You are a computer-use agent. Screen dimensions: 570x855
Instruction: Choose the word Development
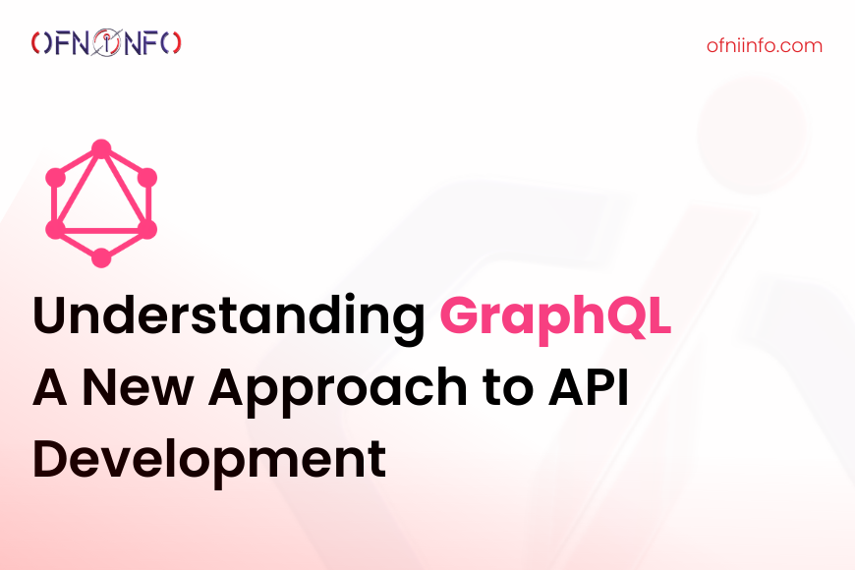click(209, 460)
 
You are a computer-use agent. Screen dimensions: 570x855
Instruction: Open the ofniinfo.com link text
click(765, 45)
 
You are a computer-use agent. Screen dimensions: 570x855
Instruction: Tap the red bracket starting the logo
click(35, 43)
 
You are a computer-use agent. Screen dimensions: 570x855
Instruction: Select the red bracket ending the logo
click(177, 43)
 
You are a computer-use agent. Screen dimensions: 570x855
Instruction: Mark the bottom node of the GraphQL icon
click(101, 258)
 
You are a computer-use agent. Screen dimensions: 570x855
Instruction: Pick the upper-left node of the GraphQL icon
click(55, 178)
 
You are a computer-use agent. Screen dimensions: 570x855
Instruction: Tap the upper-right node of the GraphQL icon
click(147, 178)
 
